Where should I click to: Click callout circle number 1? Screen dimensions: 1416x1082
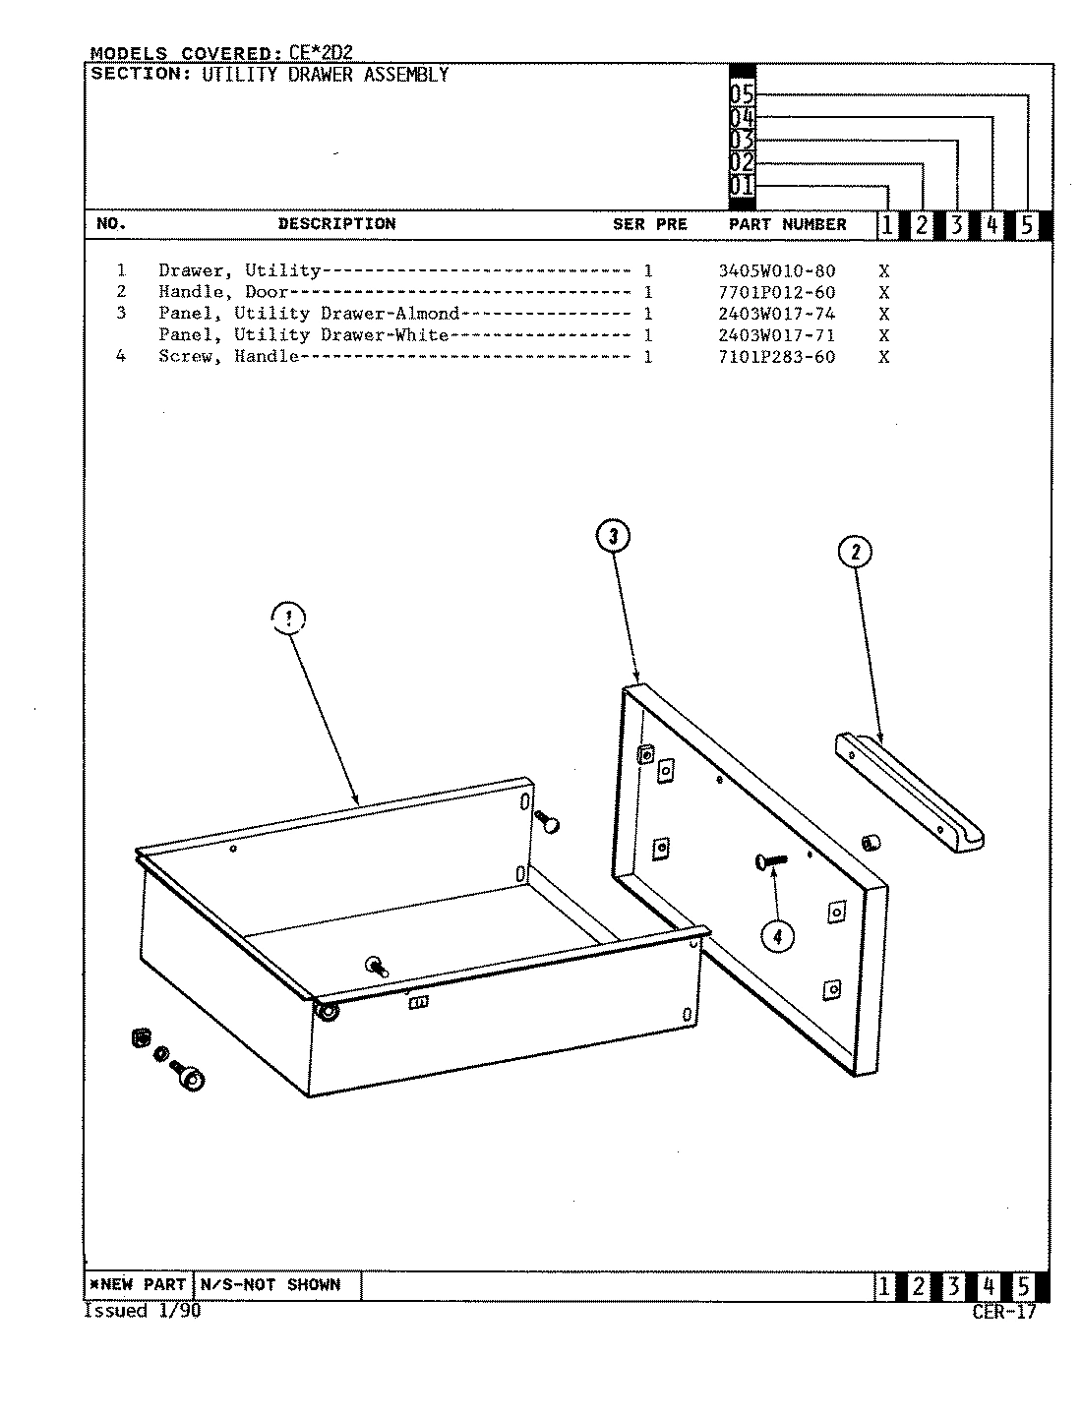[x=288, y=619]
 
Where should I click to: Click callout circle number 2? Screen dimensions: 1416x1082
[x=855, y=552]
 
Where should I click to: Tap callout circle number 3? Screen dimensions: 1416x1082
[x=613, y=536]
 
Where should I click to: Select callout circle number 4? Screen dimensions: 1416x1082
[x=777, y=937]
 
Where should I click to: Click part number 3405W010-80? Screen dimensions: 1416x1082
[x=777, y=271]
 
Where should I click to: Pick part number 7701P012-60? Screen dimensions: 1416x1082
[x=777, y=293]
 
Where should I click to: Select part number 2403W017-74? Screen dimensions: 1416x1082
[x=777, y=315]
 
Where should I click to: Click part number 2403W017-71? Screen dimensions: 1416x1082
[x=777, y=335]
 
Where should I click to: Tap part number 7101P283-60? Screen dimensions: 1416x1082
[x=777, y=357]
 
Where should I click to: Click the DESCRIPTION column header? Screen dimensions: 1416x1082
[x=336, y=224]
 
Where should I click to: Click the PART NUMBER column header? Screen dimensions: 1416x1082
[x=787, y=224]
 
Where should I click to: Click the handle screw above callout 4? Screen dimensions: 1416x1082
[x=771, y=861]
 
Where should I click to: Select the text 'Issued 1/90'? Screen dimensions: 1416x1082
[x=142, y=1311]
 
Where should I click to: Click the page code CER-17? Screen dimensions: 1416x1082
[x=1003, y=1312]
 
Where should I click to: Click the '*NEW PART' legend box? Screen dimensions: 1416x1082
[x=138, y=1285]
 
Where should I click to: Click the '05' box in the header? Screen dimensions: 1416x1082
[x=742, y=95]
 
